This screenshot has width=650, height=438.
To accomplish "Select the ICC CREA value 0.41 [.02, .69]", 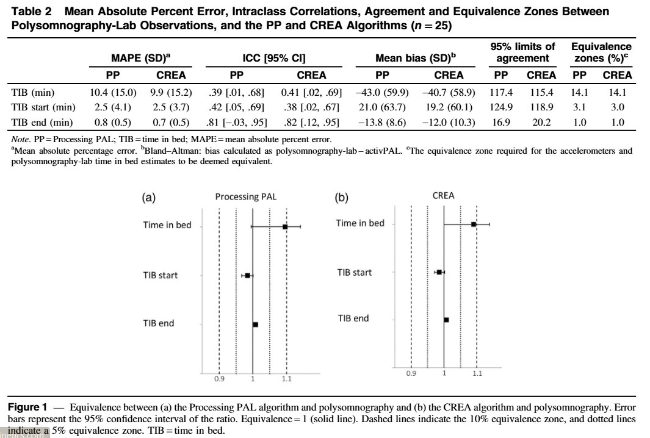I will click(311, 93).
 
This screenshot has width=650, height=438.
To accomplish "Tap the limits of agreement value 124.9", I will click(501, 107).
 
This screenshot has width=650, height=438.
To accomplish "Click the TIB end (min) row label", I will click(42, 122).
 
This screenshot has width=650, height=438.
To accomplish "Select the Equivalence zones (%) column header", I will click(601, 52).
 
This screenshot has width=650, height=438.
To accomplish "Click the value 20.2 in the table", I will click(541, 122).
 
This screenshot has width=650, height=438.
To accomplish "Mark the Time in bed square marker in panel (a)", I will click(285, 226).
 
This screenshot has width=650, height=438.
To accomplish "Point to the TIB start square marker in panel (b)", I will click(439, 271).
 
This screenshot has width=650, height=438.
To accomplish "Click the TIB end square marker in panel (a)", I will click(255, 325).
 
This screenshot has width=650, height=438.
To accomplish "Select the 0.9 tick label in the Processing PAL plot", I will click(219, 379).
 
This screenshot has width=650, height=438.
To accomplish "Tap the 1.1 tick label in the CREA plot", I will click(477, 373).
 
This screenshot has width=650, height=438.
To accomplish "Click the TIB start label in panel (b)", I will click(354, 272).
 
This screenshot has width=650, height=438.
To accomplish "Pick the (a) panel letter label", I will click(148, 197).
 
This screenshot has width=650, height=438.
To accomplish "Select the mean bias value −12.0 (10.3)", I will click(448, 122).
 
